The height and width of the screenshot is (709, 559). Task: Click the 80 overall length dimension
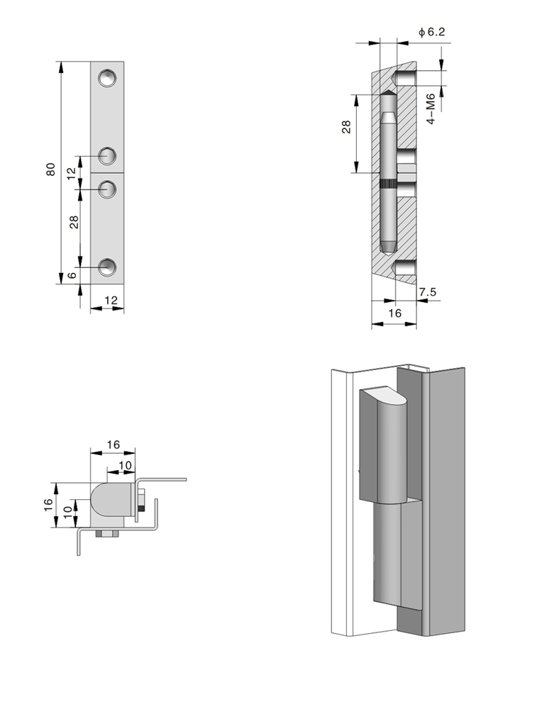[x=51, y=170]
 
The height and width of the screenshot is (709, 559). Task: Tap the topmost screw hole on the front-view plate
[x=107, y=77]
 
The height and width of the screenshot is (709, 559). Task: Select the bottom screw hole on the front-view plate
[x=107, y=267]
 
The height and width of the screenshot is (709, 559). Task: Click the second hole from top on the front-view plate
[x=107, y=155]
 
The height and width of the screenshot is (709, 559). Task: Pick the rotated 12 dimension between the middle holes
[x=71, y=173]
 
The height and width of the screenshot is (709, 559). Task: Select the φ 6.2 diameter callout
[x=431, y=31]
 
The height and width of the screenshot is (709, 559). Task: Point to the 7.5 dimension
[x=427, y=291]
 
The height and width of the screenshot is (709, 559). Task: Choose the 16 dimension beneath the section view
[x=395, y=313]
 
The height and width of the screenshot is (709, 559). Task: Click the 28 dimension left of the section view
[x=346, y=127]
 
